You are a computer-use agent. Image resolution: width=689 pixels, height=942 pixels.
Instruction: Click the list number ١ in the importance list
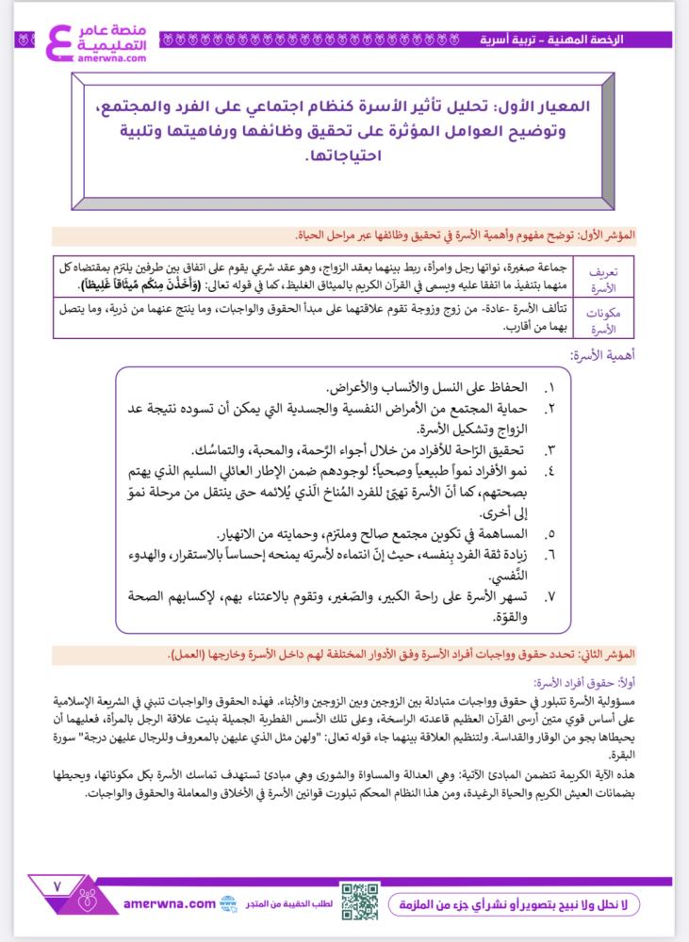tap(550, 388)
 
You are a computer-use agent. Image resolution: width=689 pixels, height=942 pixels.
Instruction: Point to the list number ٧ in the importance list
tap(550, 598)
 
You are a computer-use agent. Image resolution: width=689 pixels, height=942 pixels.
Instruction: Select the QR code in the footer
tap(360, 901)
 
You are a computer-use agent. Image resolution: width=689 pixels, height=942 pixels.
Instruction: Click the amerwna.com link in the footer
tap(170, 903)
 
